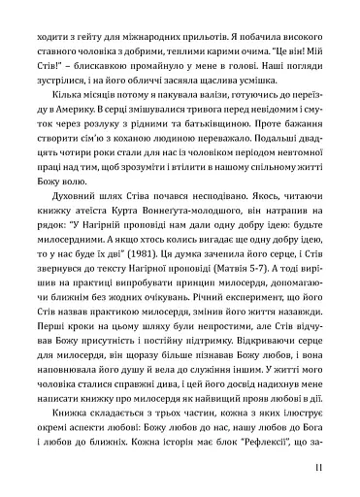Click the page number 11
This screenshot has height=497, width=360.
tap(332, 472)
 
